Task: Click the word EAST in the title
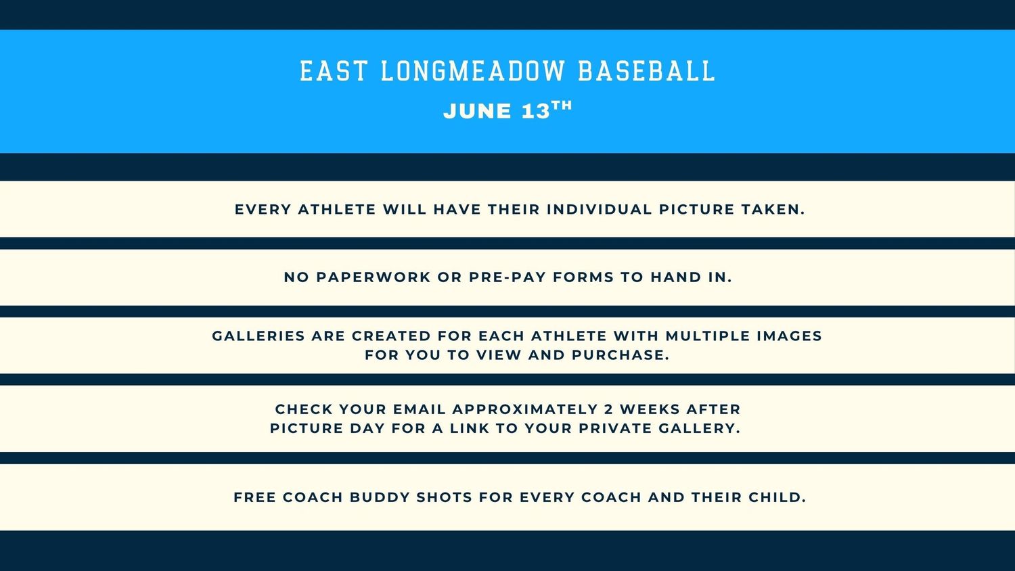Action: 333,71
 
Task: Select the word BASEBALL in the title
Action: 647,71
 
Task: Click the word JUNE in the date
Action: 477,112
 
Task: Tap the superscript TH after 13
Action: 562,106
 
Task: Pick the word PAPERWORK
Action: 374,277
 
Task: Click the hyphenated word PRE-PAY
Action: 507,277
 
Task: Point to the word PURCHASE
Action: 621,355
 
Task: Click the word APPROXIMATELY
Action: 525,409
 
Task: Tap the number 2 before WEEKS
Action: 608,409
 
